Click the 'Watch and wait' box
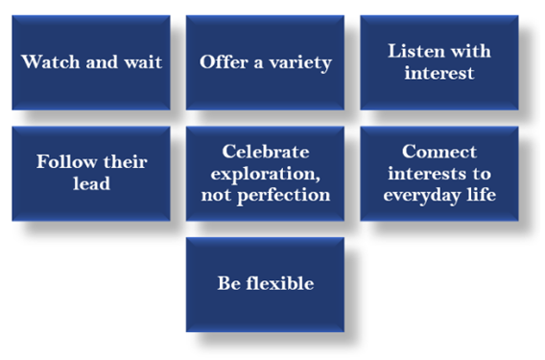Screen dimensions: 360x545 tap(91, 62)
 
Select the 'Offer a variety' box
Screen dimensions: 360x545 tap(265, 62)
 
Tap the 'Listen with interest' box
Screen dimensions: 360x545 tap(438, 62)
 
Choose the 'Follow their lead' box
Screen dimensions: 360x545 tap(91, 173)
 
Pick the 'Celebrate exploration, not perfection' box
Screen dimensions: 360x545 tap(265, 173)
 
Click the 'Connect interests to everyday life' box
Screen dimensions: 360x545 tap(438, 173)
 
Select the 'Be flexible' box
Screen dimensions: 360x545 tap(265, 284)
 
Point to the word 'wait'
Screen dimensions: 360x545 tap(140, 63)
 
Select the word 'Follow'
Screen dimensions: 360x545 tap(66, 161)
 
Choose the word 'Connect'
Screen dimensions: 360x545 tap(438, 152)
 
